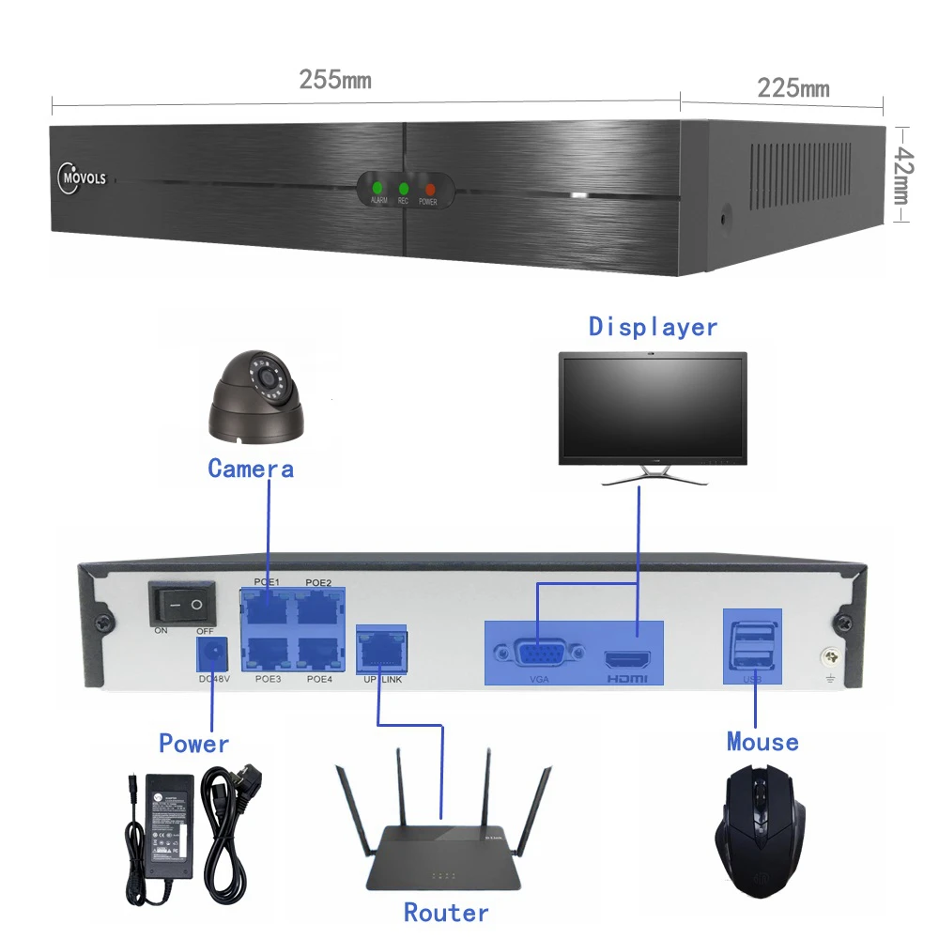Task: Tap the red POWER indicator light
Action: click(430, 189)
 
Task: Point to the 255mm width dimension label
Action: click(335, 80)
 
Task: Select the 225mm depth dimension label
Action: click(793, 88)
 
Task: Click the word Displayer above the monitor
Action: click(653, 327)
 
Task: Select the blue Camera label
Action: click(251, 468)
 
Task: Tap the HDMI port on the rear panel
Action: click(627, 657)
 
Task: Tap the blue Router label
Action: click(446, 912)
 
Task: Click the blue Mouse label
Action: click(762, 742)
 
